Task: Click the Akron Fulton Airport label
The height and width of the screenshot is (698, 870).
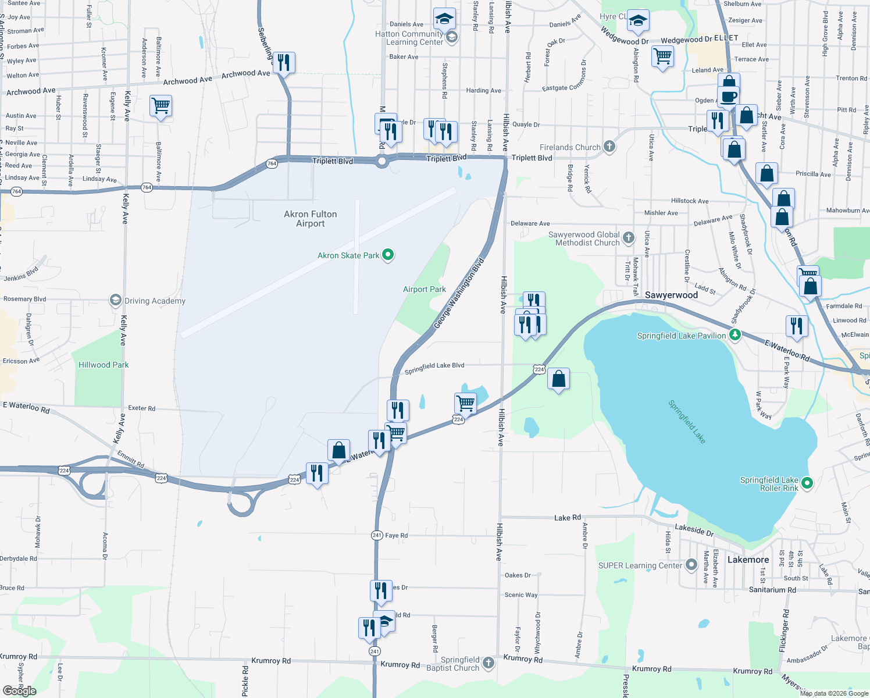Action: [x=310, y=219]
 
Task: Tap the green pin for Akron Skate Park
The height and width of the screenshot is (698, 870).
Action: [x=388, y=255]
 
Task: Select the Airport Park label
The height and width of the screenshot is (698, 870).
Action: [x=424, y=289]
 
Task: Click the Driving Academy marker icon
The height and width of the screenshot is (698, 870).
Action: [x=115, y=300]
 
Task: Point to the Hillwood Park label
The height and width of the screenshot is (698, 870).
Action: [x=104, y=365]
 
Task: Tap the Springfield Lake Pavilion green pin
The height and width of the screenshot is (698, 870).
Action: [x=735, y=335]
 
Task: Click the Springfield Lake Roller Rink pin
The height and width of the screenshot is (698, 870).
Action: [x=807, y=483]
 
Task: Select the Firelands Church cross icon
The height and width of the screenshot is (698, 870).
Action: [x=609, y=147]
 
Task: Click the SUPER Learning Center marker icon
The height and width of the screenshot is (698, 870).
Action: [x=691, y=565]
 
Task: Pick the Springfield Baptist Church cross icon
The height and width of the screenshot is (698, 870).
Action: [x=489, y=663]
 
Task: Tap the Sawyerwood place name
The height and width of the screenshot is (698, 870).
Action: [x=671, y=295]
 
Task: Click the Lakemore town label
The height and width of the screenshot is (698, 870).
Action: [x=748, y=560]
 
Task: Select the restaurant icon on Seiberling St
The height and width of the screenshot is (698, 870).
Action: [x=284, y=62]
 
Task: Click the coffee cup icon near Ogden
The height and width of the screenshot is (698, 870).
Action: [x=728, y=96]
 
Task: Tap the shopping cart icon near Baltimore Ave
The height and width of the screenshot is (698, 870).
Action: [x=161, y=106]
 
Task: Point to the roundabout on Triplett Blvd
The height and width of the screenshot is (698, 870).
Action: [x=381, y=162]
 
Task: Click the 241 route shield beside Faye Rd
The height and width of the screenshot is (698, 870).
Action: [x=377, y=535]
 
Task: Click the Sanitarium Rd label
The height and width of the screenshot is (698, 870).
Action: [x=772, y=590]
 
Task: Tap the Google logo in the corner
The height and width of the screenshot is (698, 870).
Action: [x=19, y=690]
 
